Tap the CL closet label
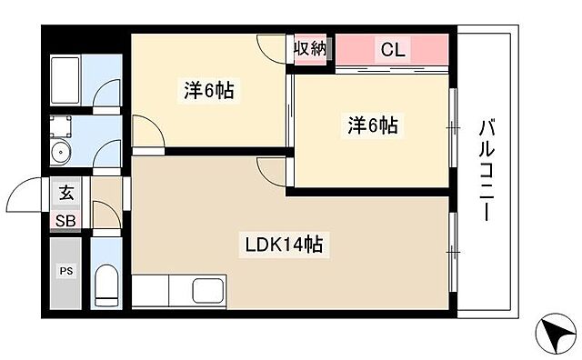coord(393,50)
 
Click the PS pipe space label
coord(66,272)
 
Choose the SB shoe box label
coord(66,221)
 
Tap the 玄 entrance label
coord(66,193)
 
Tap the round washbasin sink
coord(60,153)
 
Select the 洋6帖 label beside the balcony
coord(372,125)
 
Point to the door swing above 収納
coord(272,47)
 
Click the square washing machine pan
coord(60,125)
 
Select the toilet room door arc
coord(105,216)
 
